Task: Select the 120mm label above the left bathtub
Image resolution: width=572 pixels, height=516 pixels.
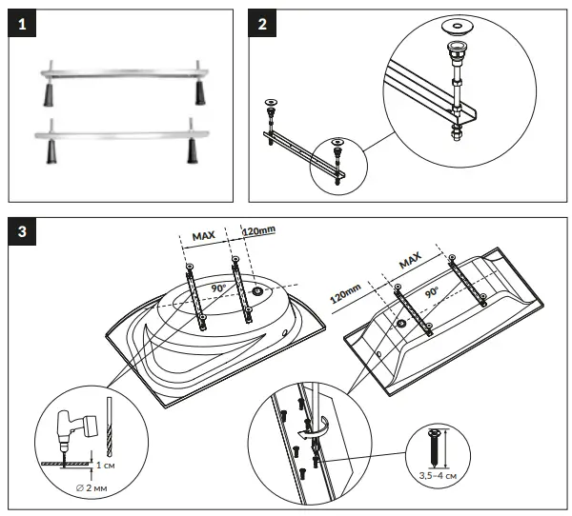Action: pyautogui.click(x=260, y=231)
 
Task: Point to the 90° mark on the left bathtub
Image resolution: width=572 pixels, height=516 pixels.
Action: pyautogui.click(x=218, y=286)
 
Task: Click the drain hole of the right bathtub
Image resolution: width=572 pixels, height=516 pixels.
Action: pyautogui.click(x=400, y=323)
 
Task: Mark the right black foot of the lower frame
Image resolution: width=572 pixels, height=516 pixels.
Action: pyautogui.click(x=192, y=151)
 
